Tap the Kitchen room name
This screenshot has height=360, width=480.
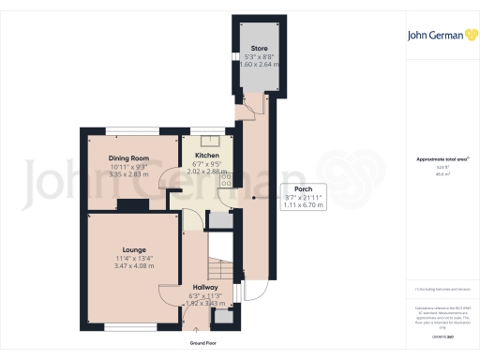pos(206,157)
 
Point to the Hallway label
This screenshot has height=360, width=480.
pos(205,288)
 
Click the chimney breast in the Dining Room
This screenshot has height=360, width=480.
pos(132,203)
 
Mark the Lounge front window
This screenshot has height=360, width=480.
pos(122,327)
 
